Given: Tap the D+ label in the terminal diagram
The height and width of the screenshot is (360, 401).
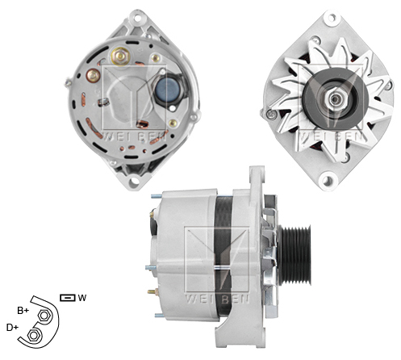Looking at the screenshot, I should click(12, 327).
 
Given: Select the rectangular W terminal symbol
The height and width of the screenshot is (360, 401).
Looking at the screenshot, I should click(67, 298).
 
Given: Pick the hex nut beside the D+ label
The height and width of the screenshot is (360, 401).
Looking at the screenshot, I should click(34, 333).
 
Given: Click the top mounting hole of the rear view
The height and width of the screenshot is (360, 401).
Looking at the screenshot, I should click(129, 21).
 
